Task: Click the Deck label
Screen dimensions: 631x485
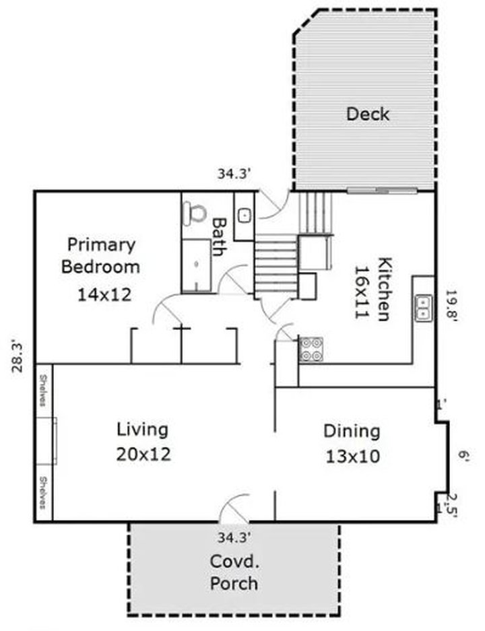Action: pos(367,114)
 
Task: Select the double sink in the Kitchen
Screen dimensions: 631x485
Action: pos(422,308)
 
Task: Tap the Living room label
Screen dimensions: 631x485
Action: pos(142,429)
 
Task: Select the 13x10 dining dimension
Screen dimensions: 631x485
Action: pos(352,457)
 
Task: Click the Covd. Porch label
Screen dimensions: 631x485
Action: pos(234,572)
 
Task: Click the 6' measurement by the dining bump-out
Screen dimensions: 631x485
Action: pos(464,456)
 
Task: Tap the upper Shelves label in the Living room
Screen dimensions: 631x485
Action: pos(42,390)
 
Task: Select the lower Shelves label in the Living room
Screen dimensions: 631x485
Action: pos(42,493)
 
